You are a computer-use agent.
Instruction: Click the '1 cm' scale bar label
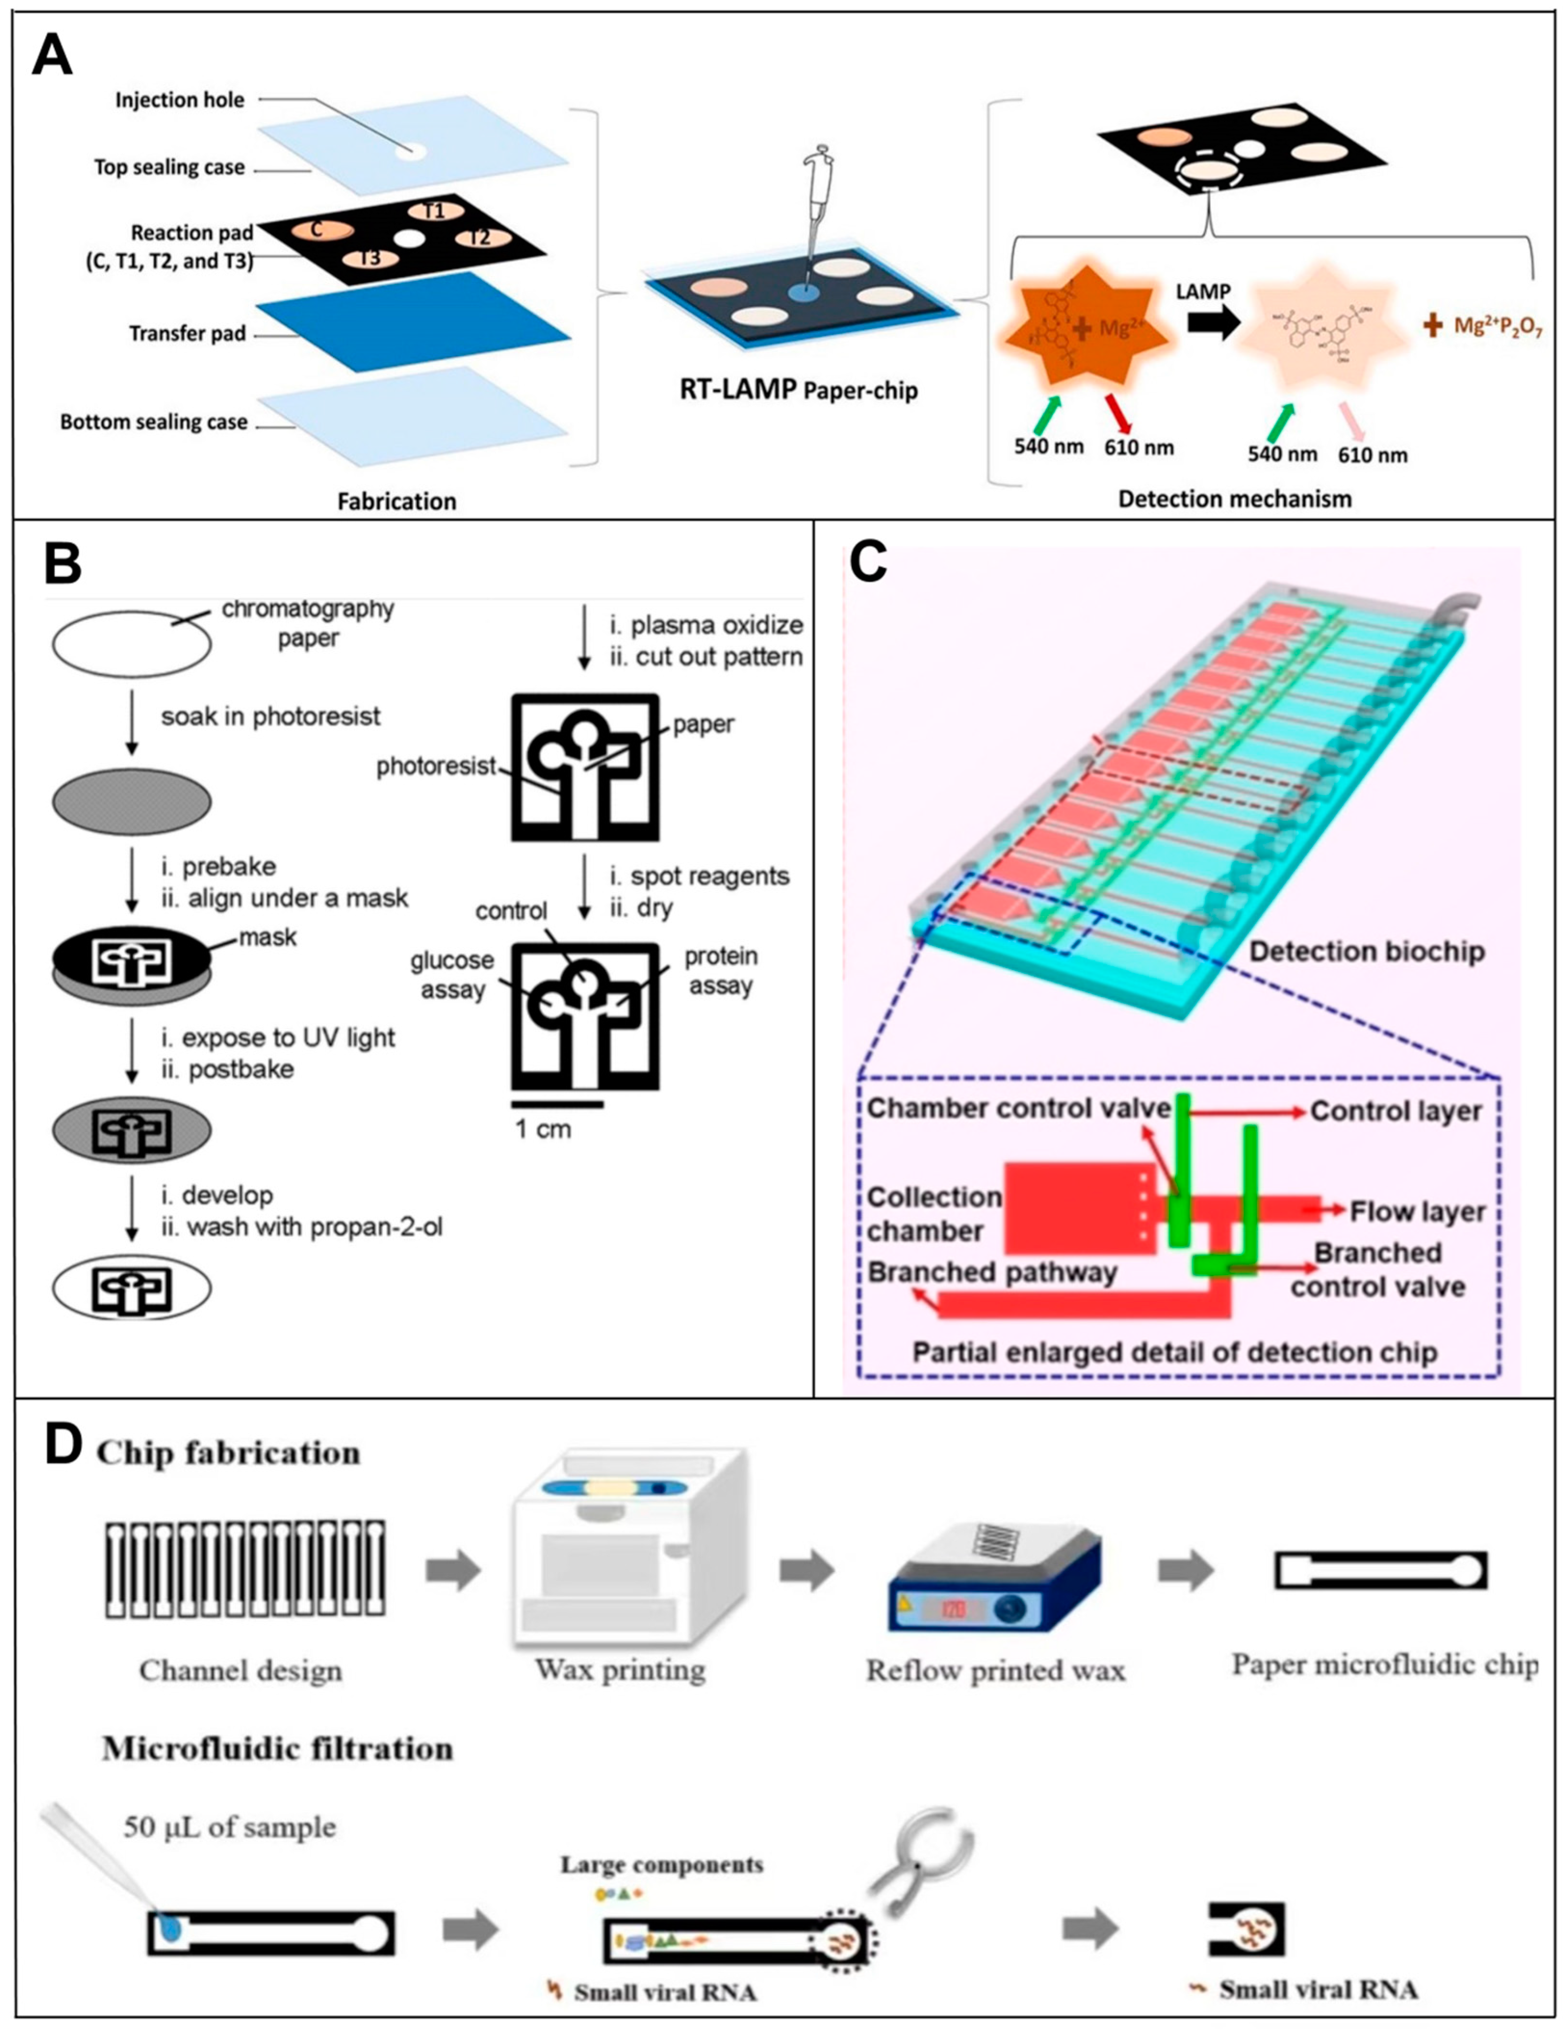pyautogui.click(x=543, y=1130)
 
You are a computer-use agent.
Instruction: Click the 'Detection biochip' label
pyautogui.click(x=1366, y=951)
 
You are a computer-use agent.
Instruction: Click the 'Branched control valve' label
pyautogui.click(x=1377, y=1270)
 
